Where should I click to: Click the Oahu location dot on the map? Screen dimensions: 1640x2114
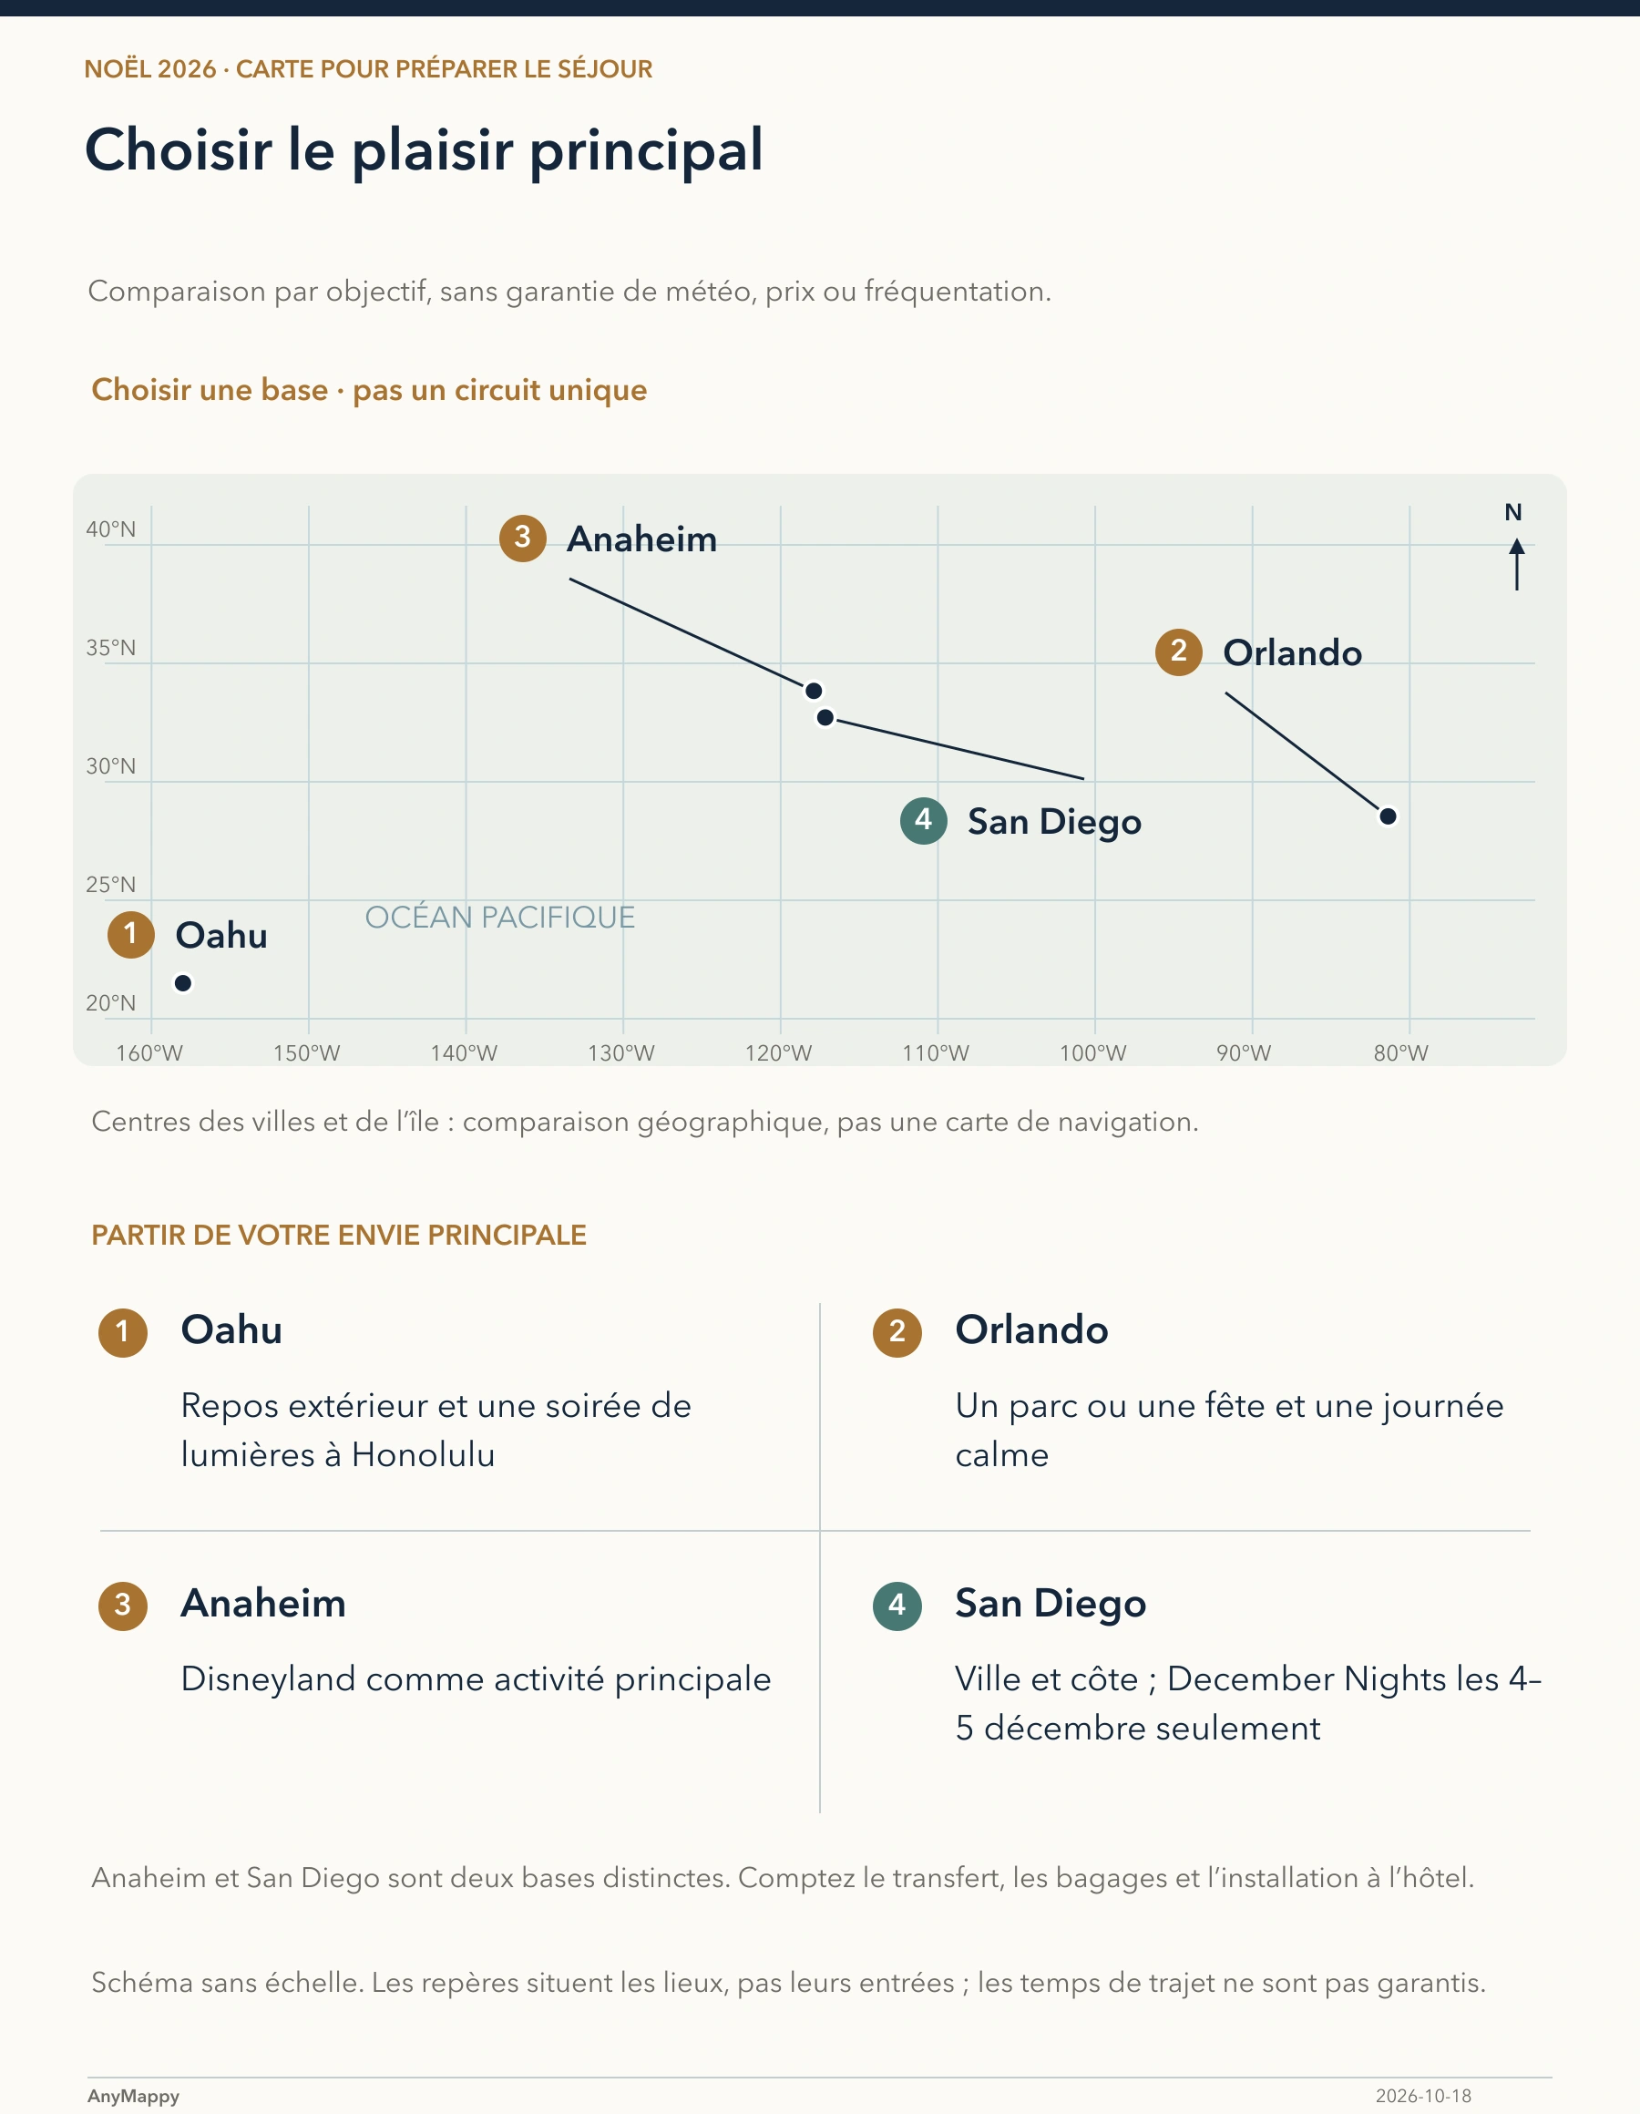click(x=183, y=983)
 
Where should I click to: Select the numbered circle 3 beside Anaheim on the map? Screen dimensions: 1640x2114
click(x=523, y=538)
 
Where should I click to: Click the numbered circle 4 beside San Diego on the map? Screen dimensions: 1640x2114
click(x=924, y=821)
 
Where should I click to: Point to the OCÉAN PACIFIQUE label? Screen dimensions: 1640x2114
click(x=499, y=917)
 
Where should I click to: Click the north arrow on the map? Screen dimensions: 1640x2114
click(x=1516, y=564)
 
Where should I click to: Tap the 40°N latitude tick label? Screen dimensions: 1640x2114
click(x=111, y=529)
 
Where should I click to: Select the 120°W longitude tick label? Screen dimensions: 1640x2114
click(x=778, y=1053)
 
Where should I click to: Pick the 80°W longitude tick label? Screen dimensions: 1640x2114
click(x=1401, y=1053)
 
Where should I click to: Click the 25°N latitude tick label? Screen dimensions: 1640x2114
click(x=111, y=885)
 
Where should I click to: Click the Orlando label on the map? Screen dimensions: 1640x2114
click(x=1293, y=652)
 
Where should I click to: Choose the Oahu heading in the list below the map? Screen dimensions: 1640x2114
click(x=231, y=1330)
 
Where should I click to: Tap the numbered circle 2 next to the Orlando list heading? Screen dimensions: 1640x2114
click(x=897, y=1332)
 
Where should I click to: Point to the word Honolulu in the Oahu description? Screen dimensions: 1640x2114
click(x=423, y=1455)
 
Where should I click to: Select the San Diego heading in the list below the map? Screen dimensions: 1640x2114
click(x=1051, y=1605)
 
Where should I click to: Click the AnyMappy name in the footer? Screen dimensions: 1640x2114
click(x=134, y=2097)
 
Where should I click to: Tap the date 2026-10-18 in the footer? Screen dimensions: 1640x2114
click(x=1423, y=2097)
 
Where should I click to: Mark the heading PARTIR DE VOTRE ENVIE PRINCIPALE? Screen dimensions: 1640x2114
click(x=339, y=1235)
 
